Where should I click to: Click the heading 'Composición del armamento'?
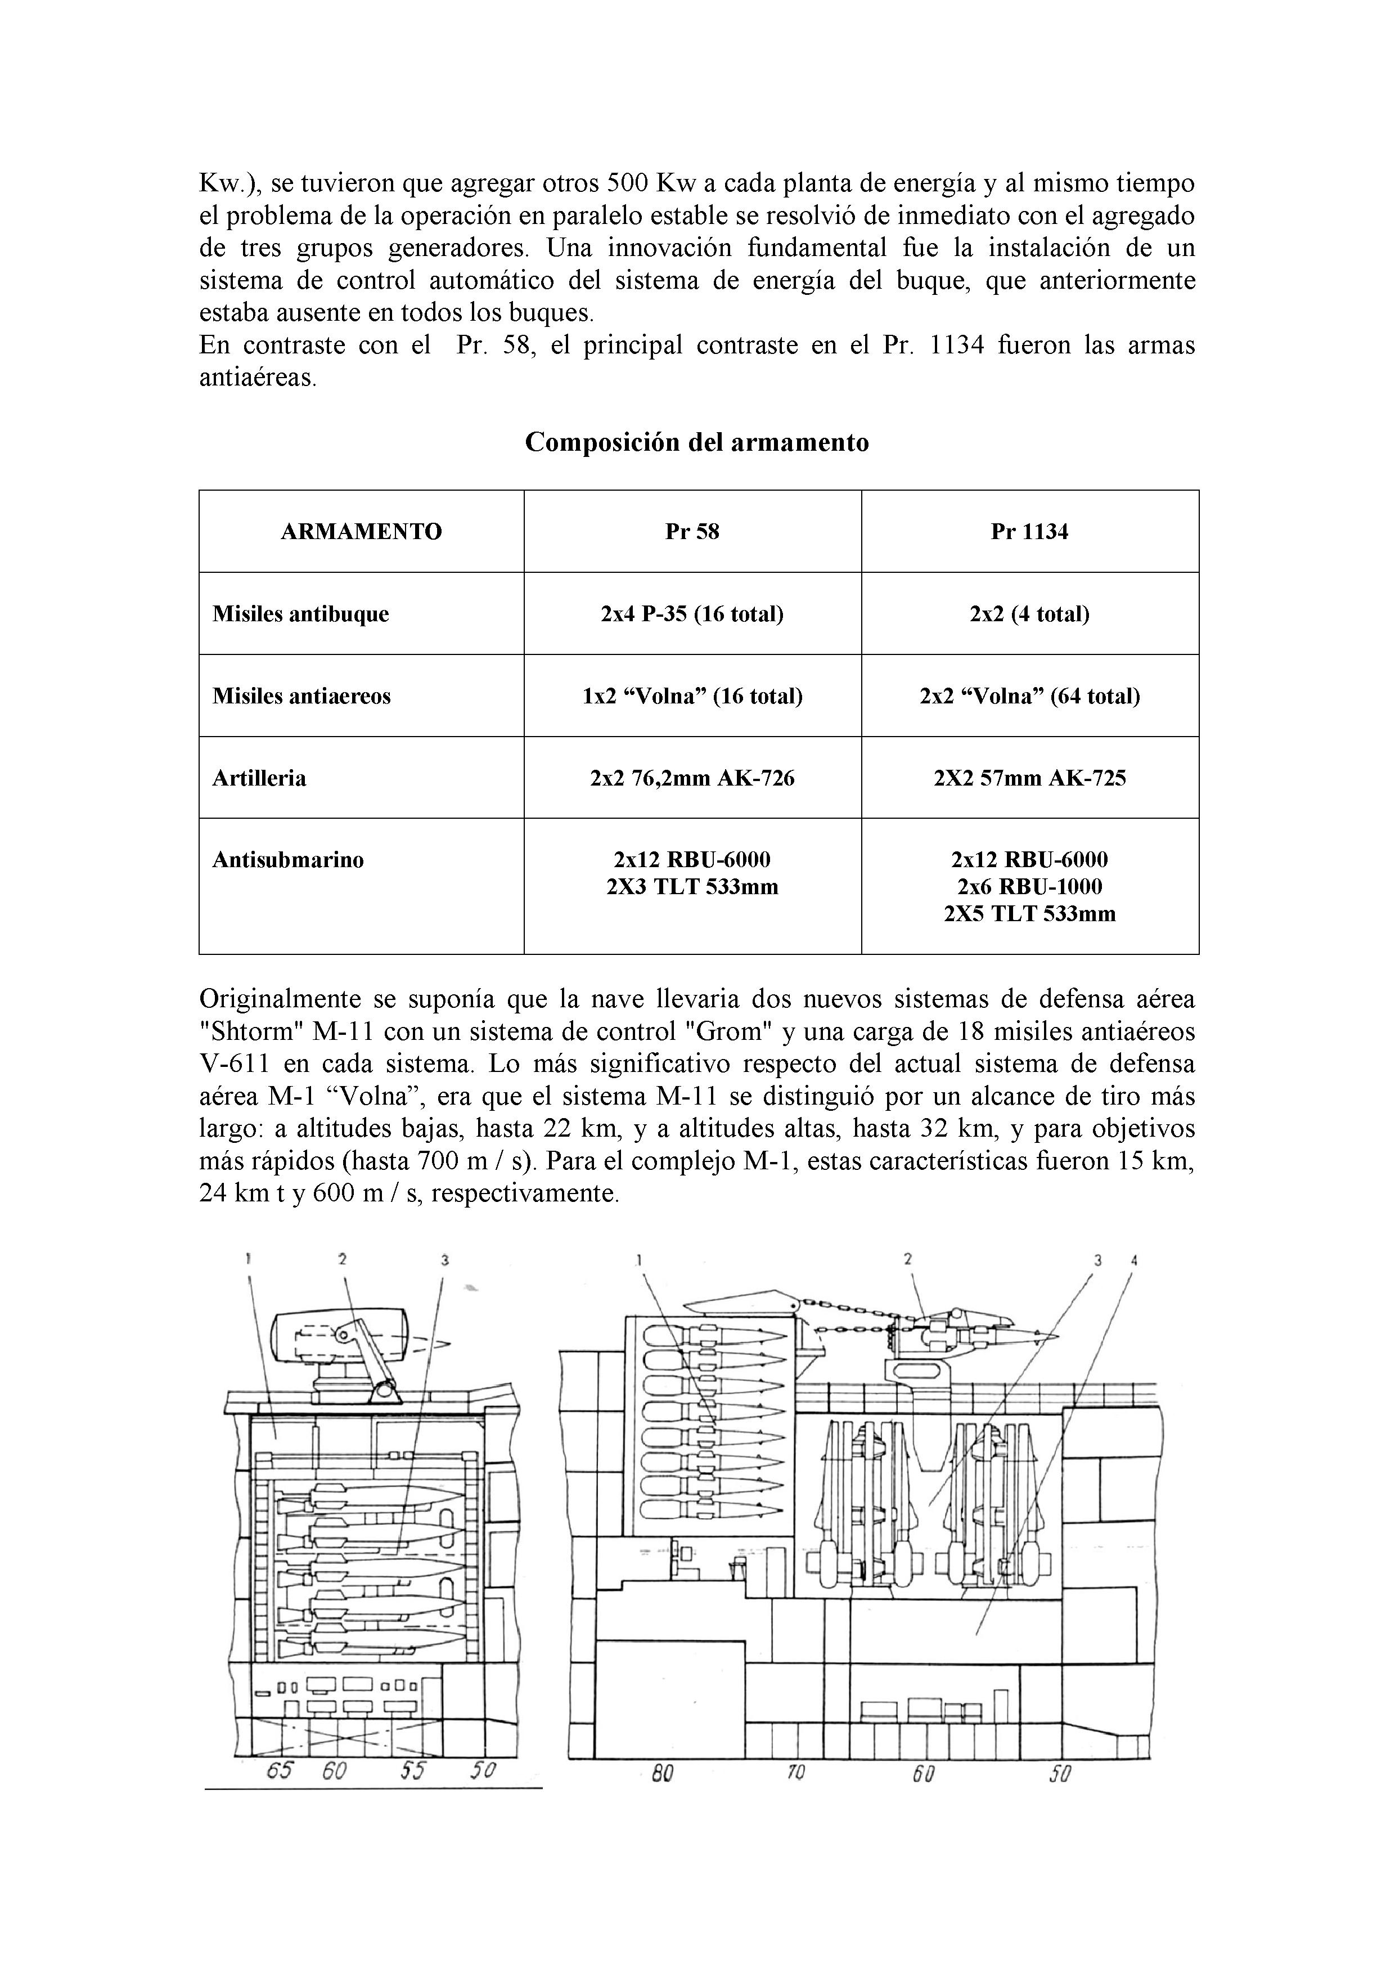point(696,443)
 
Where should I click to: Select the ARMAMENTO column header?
point(361,531)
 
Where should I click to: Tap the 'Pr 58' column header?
point(692,531)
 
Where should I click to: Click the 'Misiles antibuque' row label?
point(301,614)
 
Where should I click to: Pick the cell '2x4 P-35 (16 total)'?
point(692,614)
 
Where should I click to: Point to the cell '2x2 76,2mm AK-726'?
point(692,778)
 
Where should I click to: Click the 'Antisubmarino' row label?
point(288,860)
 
